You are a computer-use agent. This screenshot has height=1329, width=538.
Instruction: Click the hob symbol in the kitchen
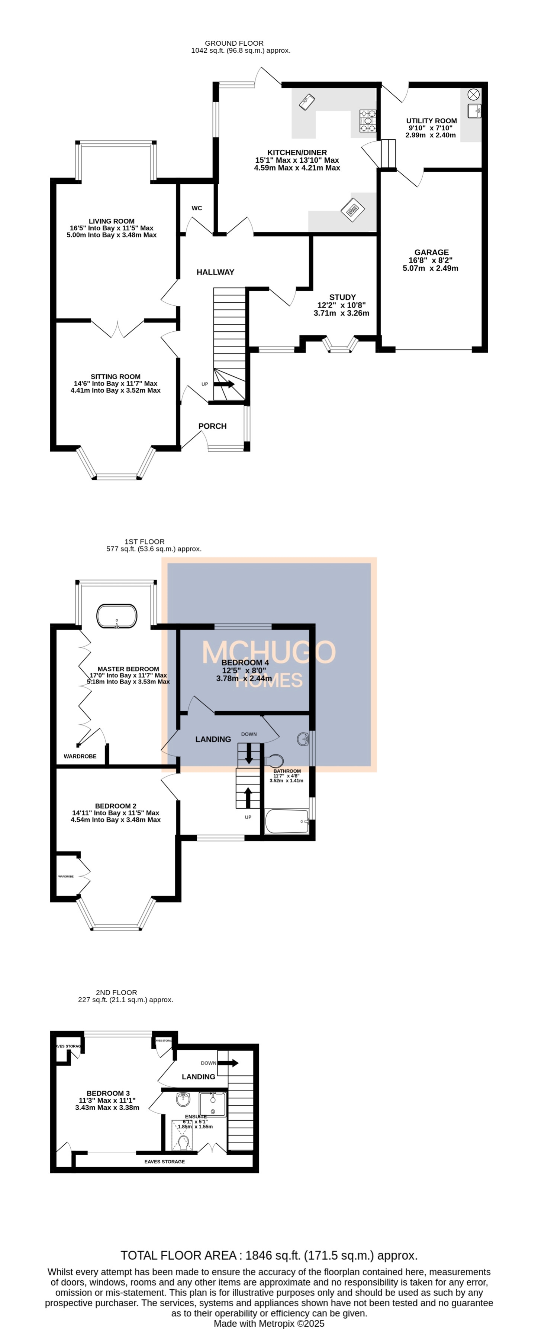(x=368, y=120)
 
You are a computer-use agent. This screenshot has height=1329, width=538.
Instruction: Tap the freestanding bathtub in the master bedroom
(x=117, y=616)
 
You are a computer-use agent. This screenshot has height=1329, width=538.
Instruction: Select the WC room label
(x=197, y=208)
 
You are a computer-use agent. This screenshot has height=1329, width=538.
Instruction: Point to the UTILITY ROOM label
(x=431, y=121)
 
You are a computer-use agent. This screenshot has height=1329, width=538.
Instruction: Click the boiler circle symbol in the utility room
(x=473, y=94)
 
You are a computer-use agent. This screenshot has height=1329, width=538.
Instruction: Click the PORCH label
(x=212, y=426)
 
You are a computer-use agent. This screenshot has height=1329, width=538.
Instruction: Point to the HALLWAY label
(x=215, y=272)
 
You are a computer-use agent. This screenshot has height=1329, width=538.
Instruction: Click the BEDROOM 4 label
(x=245, y=662)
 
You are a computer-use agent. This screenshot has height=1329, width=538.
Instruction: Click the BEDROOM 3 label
(x=108, y=1093)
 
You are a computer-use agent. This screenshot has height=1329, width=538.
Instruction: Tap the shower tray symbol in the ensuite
(x=213, y=1104)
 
